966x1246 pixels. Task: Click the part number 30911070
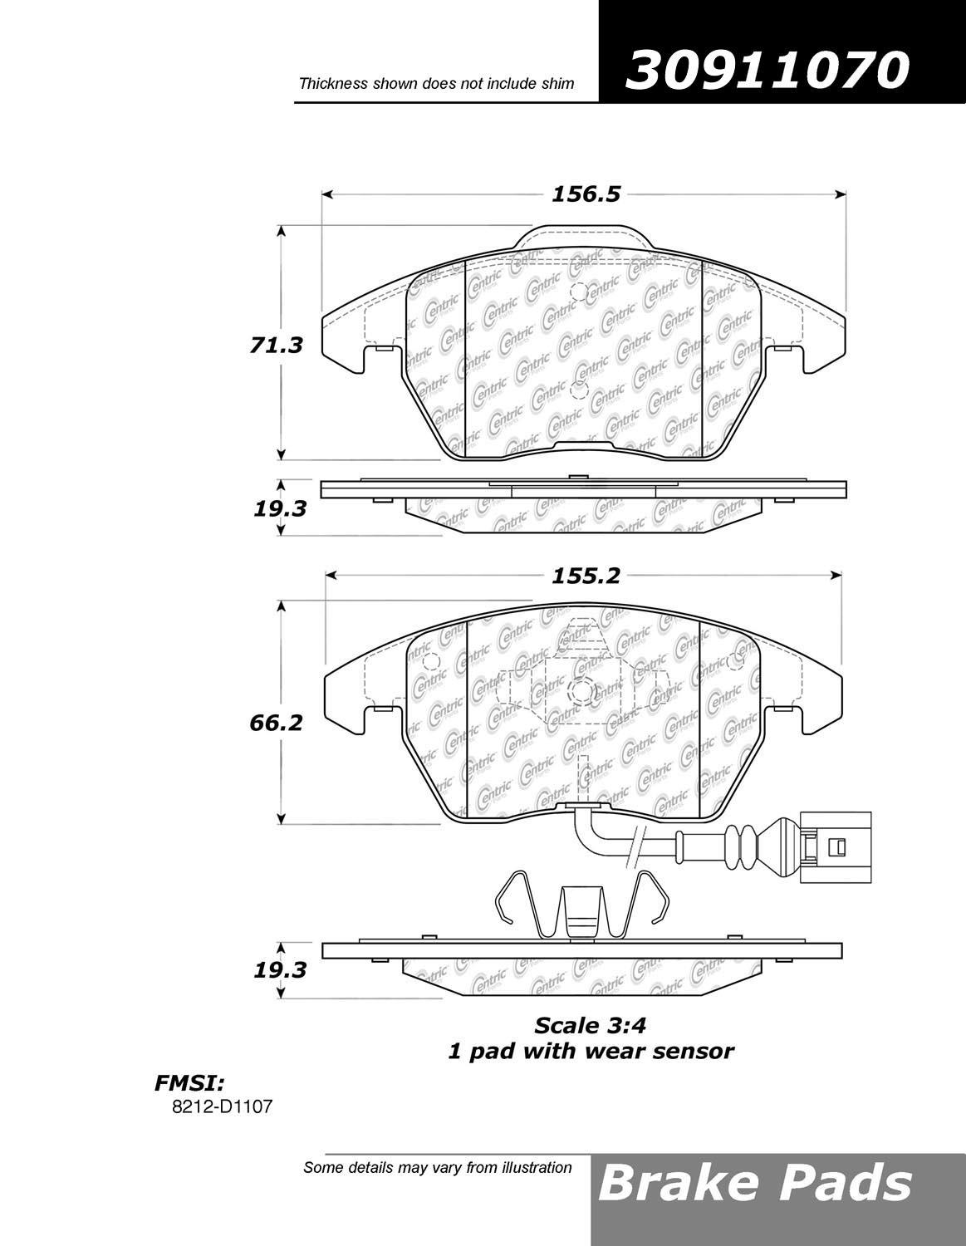click(x=767, y=71)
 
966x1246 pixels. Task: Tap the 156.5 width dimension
click(x=586, y=195)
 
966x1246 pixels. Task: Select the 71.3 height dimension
click(x=276, y=346)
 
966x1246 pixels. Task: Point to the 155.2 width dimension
click(x=586, y=576)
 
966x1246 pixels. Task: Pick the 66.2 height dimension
click(x=276, y=724)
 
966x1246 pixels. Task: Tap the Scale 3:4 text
click(x=590, y=1026)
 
